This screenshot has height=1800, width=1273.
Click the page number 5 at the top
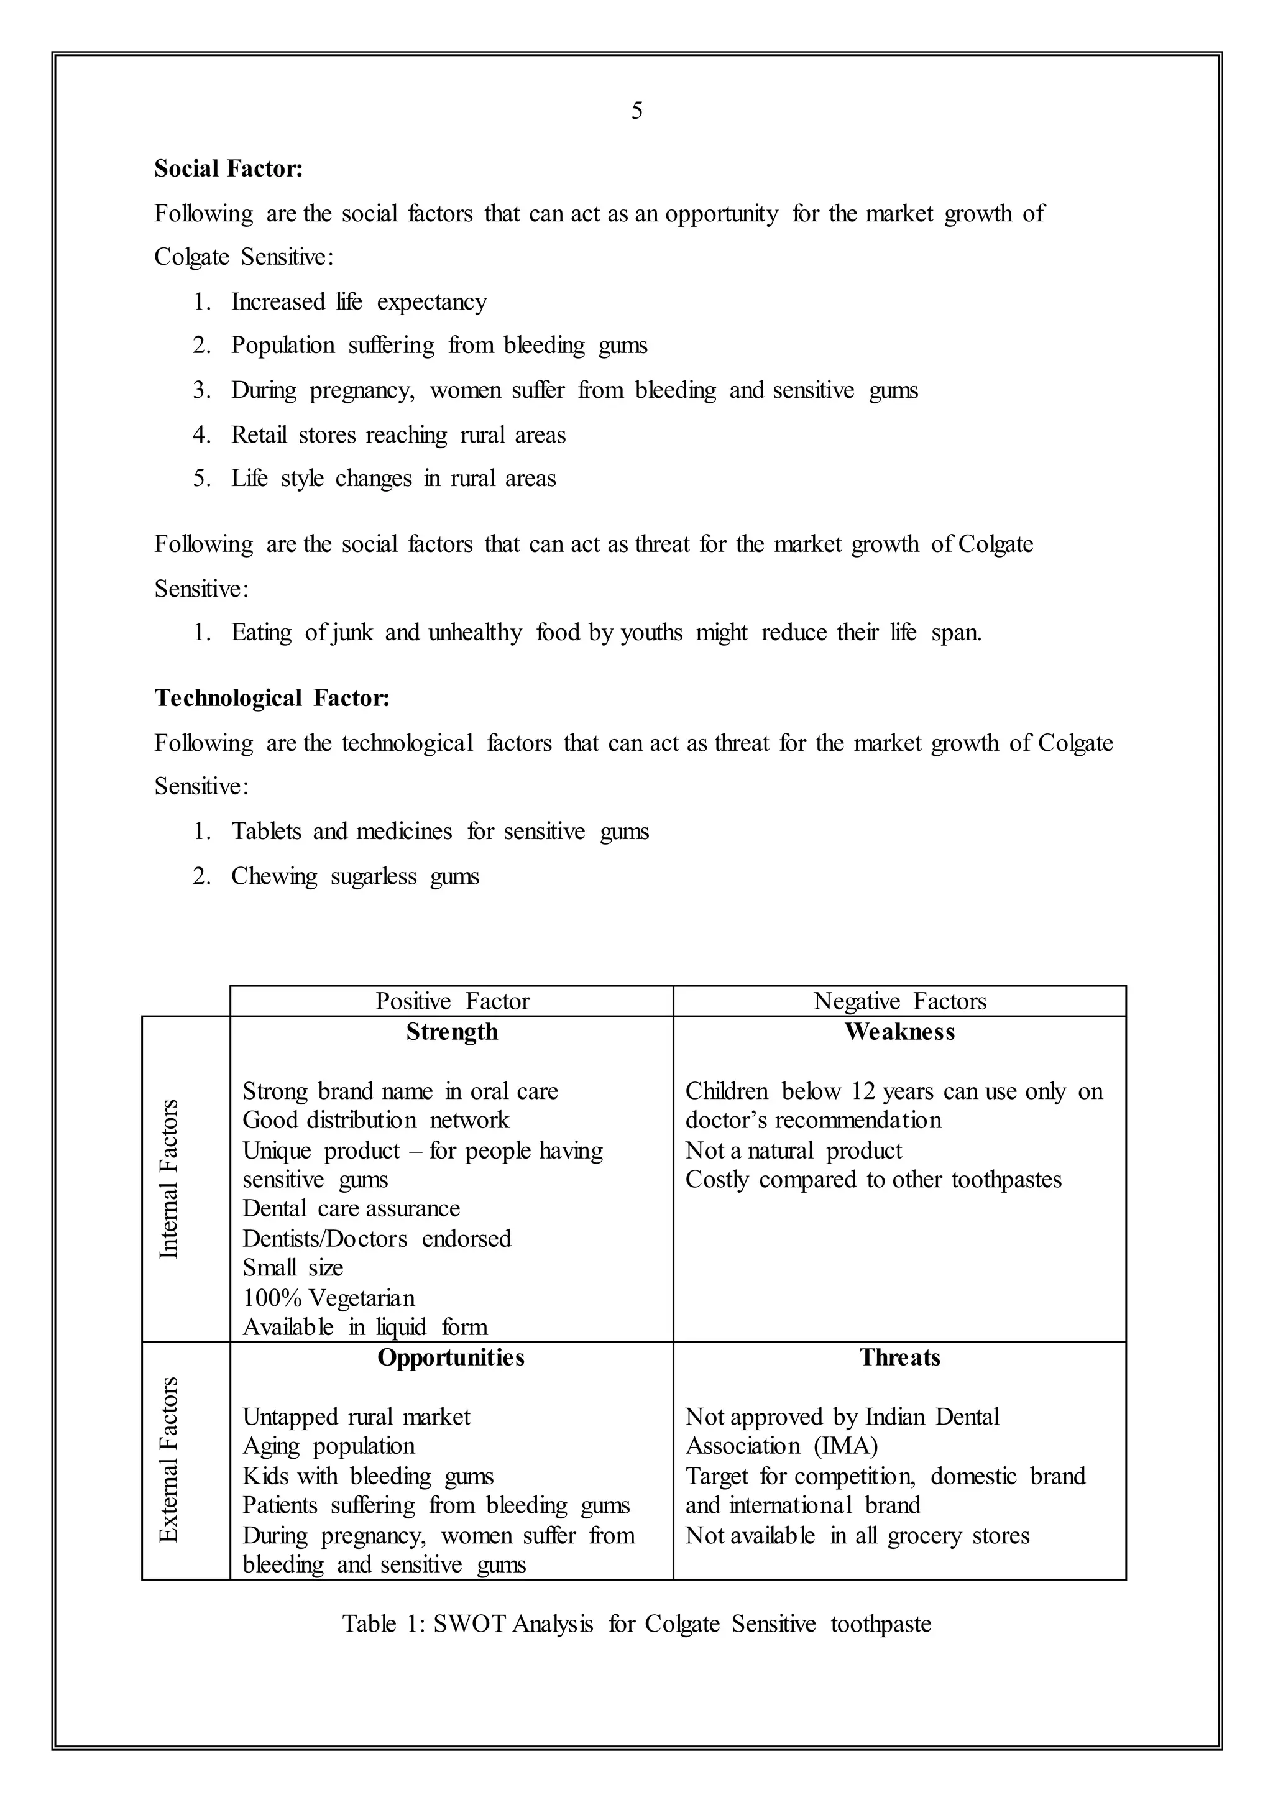tap(636, 111)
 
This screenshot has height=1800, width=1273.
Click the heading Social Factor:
tap(228, 168)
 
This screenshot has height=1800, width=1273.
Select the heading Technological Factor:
tap(271, 698)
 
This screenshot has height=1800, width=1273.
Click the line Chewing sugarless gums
tap(354, 876)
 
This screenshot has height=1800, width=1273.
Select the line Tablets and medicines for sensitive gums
tap(439, 831)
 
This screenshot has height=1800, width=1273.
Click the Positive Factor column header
tap(453, 1001)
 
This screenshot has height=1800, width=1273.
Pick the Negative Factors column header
tap(899, 1001)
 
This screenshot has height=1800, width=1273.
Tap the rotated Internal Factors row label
tap(169, 1178)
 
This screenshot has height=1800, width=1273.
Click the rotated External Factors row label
tap(169, 1460)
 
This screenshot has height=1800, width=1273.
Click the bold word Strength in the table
tap(451, 1032)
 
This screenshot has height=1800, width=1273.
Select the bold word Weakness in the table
tap(899, 1032)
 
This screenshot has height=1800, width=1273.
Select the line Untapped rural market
tap(356, 1417)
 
